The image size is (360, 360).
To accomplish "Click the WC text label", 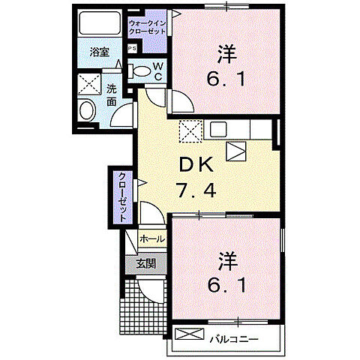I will coord(158,71).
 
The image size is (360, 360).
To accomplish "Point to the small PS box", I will coord(132,49).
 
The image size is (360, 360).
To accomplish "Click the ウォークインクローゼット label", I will coord(148,28).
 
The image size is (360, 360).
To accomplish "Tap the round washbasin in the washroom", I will coord(85,111).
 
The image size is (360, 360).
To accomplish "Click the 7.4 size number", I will coord(199,190).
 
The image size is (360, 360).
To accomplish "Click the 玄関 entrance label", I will coord(145,264).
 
